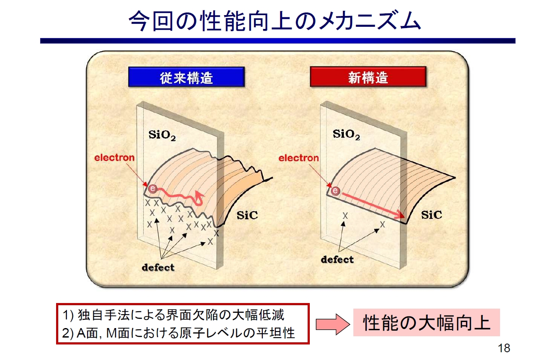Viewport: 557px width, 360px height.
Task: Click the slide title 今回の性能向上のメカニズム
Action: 275,20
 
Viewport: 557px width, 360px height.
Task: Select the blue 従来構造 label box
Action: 186,77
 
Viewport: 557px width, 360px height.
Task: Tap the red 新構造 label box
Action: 368,77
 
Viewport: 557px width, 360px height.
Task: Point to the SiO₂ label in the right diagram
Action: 346,135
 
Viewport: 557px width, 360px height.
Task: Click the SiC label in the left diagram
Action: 247,215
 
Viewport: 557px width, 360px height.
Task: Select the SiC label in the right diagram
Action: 431,215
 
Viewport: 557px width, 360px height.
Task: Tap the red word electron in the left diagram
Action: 114,158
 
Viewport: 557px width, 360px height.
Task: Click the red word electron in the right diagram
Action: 299,158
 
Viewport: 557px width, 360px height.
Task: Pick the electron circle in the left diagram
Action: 152,188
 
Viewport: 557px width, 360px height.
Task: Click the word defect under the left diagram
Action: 158,267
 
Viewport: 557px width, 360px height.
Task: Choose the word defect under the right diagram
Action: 337,259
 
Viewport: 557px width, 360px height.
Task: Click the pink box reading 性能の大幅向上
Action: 426,322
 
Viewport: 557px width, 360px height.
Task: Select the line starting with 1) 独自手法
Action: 174,315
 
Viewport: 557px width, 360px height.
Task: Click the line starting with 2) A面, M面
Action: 179,333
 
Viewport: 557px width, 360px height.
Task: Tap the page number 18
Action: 504,348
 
